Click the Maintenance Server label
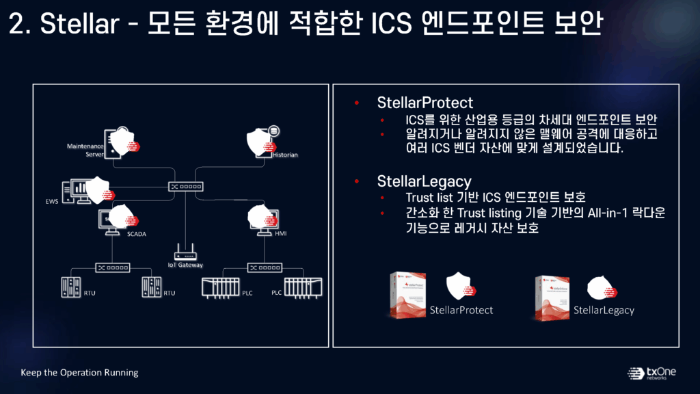point(85,150)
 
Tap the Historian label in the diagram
point(286,155)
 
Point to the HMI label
point(280,234)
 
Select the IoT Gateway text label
point(185,265)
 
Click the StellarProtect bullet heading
point(425,103)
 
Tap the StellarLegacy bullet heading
point(424,181)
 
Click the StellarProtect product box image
point(407,295)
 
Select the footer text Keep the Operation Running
point(79,373)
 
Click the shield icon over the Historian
point(263,142)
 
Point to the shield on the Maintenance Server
point(123,142)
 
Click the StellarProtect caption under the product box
point(461,311)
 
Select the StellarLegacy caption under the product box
point(604,311)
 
